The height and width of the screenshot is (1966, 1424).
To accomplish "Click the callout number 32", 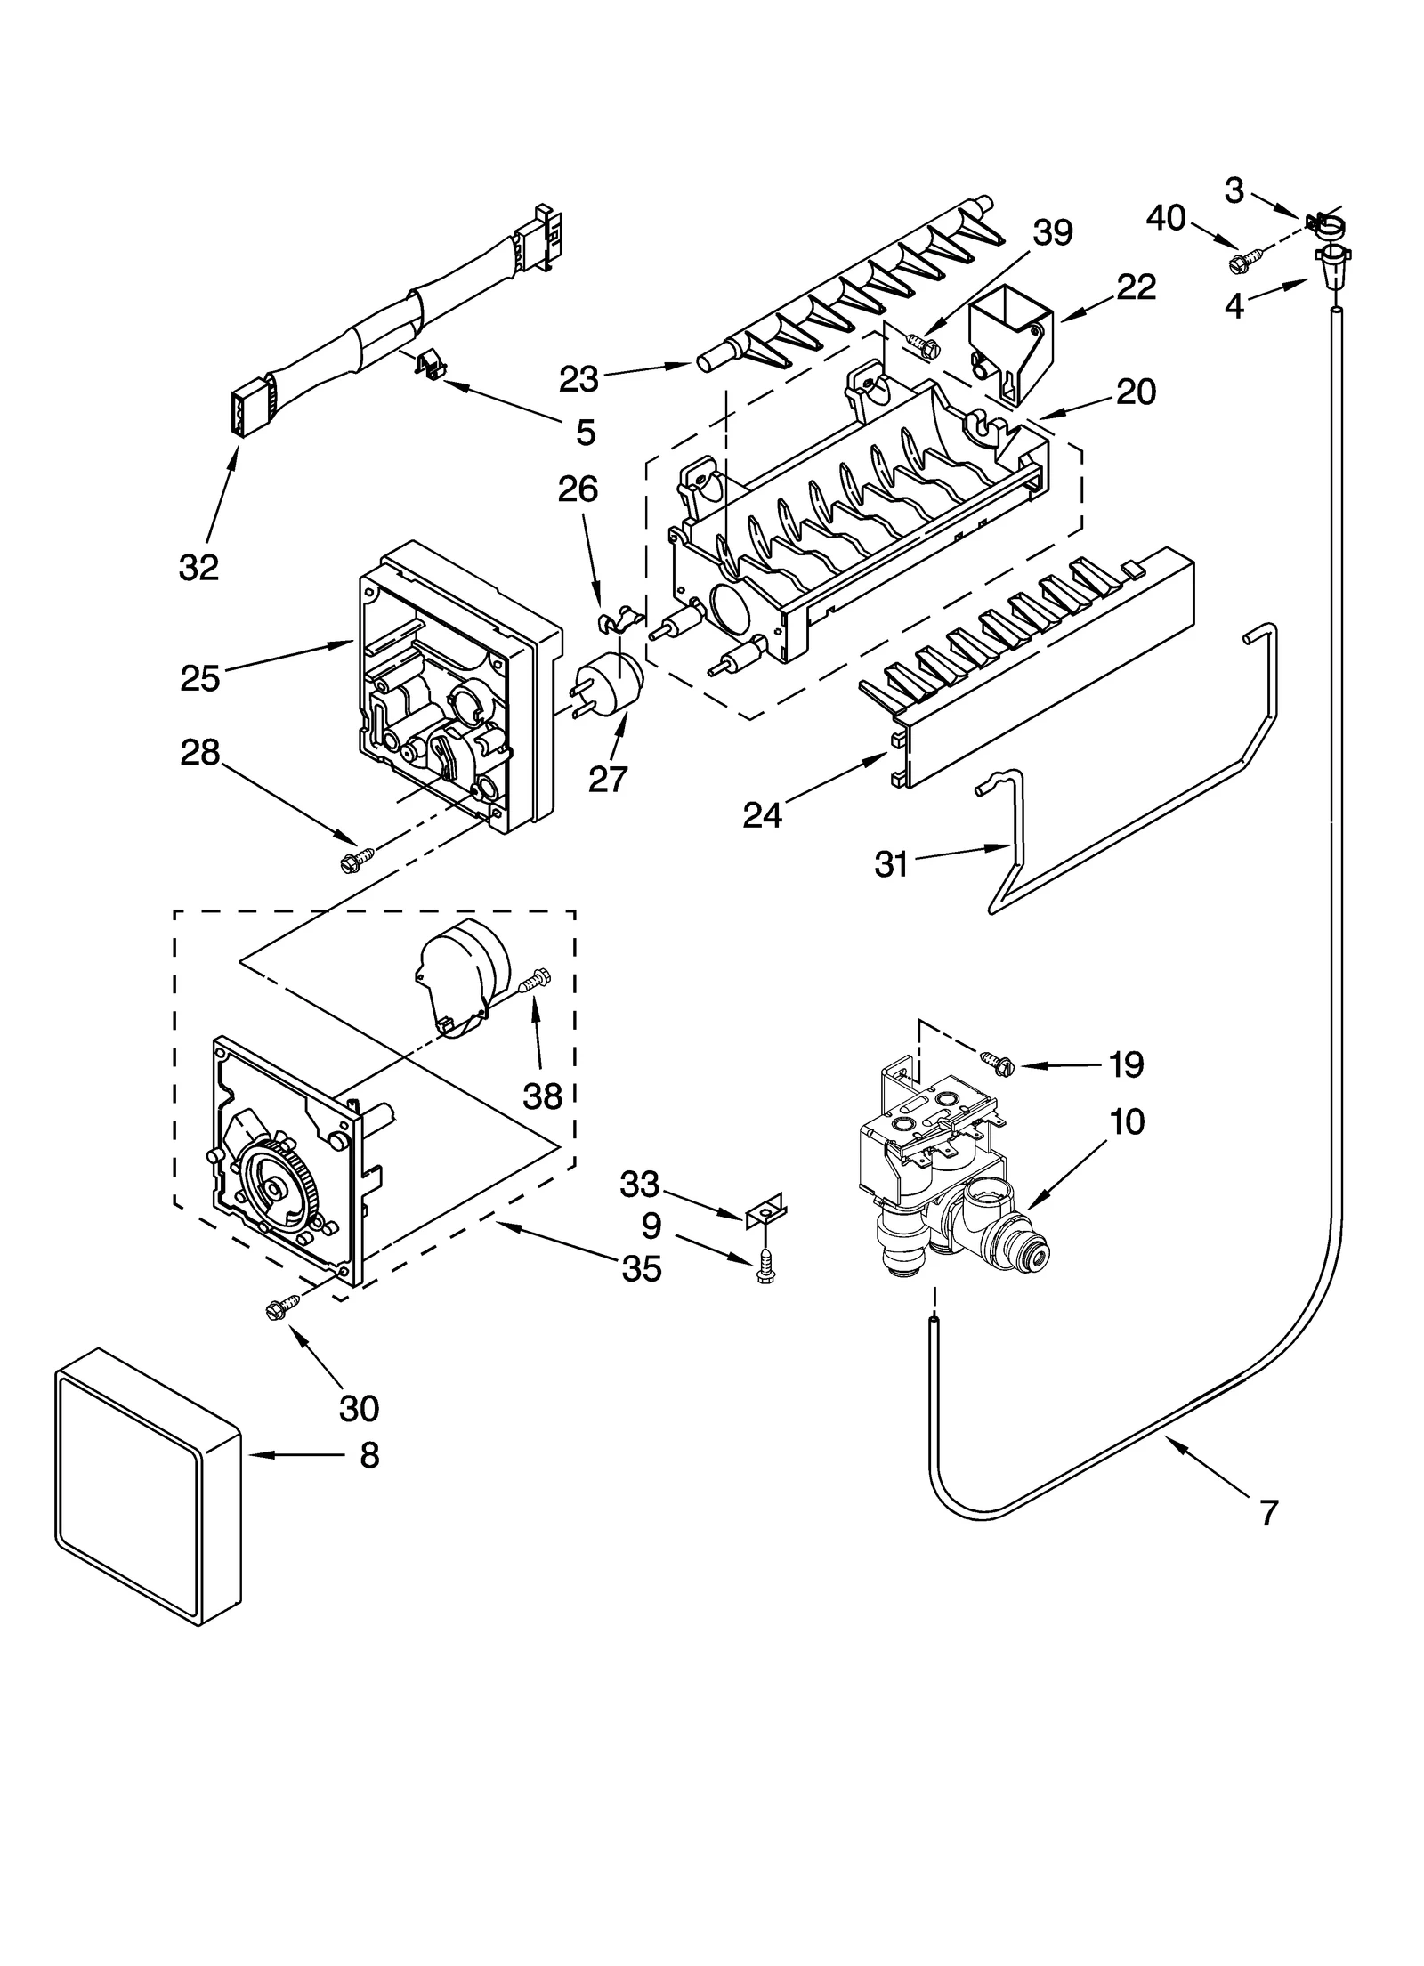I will (x=198, y=567).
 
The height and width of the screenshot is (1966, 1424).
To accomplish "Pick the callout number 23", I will (x=578, y=379).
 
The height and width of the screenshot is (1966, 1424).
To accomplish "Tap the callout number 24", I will (x=762, y=814).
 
